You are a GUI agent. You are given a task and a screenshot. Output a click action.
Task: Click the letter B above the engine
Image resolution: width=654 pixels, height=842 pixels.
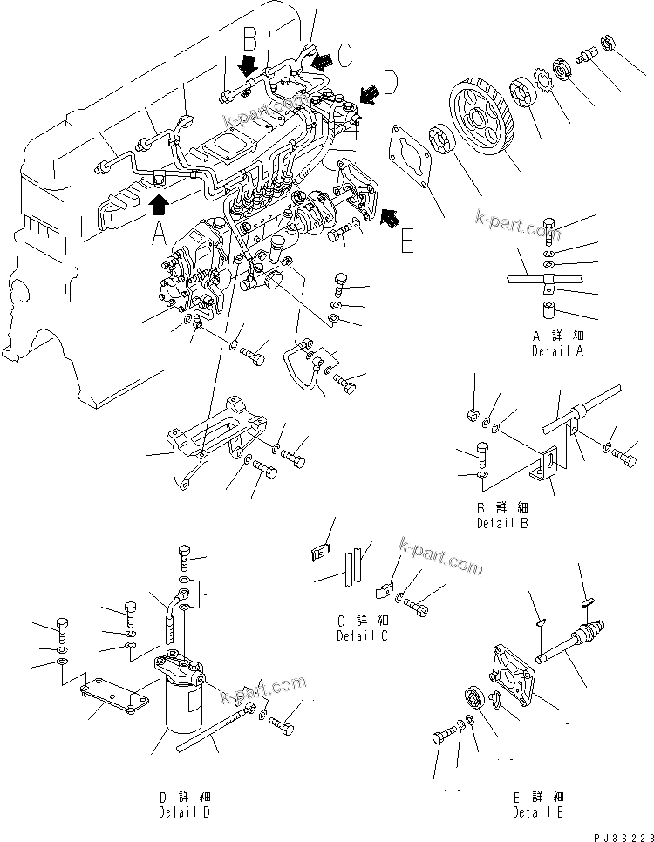click(x=249, y=38)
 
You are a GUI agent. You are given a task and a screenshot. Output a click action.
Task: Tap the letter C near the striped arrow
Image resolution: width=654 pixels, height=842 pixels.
click(x=345, y=57)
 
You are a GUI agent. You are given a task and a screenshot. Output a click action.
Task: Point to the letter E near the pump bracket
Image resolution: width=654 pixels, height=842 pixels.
click(x=406, y=240)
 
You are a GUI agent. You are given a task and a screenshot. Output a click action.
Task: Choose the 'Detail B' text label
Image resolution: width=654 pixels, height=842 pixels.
click(x=501, y=524)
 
